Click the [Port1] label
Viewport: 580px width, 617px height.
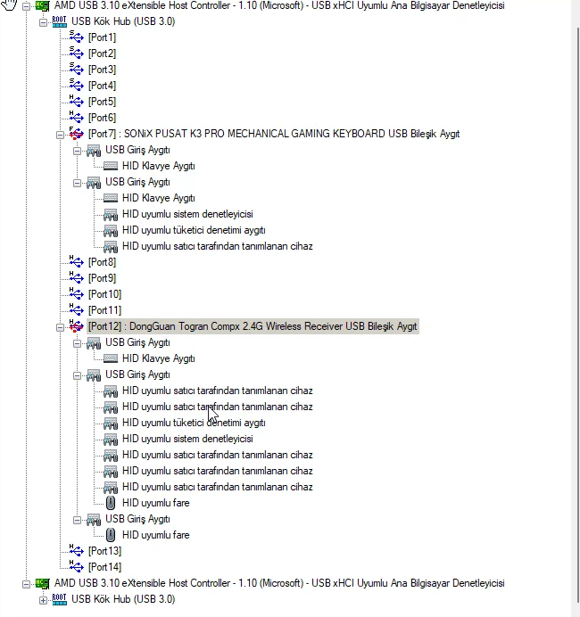pos(102,37)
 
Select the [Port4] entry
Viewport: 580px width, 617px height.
pos(102,86)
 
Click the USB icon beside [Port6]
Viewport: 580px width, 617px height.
pos(77,117)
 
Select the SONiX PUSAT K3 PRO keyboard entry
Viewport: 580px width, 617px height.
pos(274,134)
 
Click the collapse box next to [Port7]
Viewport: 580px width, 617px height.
pos(60,135)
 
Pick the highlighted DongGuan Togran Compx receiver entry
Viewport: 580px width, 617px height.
pos(253,326)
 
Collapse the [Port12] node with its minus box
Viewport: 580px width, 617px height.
pos(60,327)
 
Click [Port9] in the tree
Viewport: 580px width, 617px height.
pos(102,278)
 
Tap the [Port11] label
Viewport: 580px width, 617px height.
pos(104,310)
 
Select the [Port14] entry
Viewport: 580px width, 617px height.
pos(104,567)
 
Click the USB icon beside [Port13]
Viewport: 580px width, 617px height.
pos(77,550)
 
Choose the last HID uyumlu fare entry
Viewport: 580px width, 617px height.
pos(155,535)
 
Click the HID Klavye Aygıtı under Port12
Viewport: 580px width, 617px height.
pos(158,358)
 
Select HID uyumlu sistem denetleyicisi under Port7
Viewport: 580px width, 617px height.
pos(187,214)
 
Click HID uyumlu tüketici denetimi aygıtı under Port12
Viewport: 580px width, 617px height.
pos(194,423)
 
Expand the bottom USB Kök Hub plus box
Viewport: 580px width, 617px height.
pos(43,600)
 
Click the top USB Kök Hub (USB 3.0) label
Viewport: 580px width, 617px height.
pos(123,21)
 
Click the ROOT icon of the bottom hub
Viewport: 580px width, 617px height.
pos(60,599)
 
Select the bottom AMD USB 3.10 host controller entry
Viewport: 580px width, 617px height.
pos(279,583)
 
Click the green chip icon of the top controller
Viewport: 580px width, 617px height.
pos(42,5)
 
